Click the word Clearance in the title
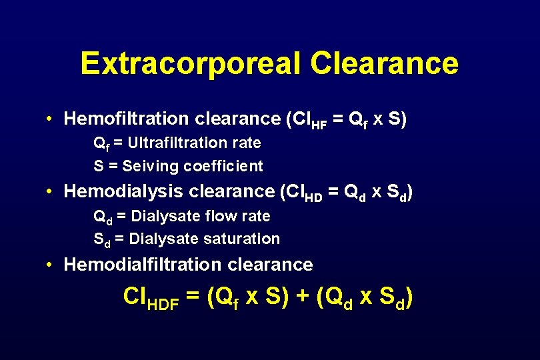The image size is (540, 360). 384,64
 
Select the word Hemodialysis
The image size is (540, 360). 123,192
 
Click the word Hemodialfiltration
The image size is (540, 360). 143,265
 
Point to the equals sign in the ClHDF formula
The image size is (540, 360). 193,297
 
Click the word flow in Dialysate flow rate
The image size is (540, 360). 221,216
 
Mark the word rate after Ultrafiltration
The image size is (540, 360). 247,143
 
